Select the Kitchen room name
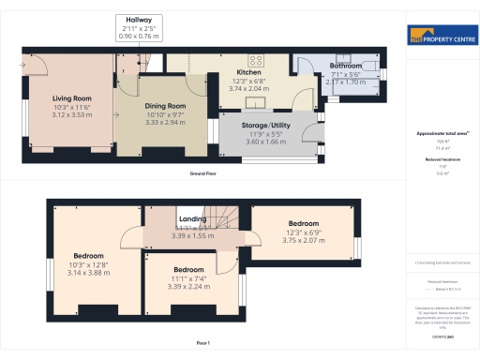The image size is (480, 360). click(248, 72)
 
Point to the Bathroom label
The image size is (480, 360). click(345, 67)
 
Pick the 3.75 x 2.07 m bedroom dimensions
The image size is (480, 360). click(302, 240)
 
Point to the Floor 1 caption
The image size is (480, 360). click(202, 344)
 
